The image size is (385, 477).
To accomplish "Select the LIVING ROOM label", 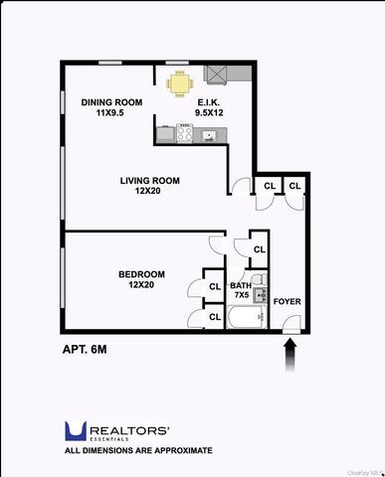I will point(149,180).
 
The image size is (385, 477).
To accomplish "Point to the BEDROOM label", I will point(141,273).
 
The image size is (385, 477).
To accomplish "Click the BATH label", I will point(241,285).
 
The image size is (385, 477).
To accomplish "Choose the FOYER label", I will point(287,301).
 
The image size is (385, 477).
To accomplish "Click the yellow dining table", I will point(179,84).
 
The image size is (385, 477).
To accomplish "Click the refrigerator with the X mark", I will point(217,76).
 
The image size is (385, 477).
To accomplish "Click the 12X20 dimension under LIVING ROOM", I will point(148,192).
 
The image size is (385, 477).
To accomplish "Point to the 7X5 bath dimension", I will point(241,296).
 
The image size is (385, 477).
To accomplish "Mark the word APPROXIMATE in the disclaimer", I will point(180,450).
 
